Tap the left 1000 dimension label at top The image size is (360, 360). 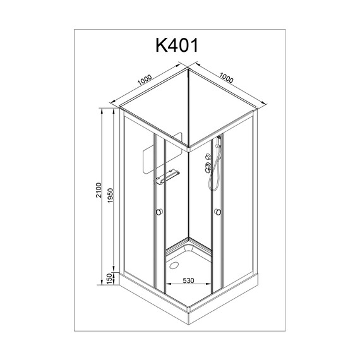point(145,81)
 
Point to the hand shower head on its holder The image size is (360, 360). point(217,145)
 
